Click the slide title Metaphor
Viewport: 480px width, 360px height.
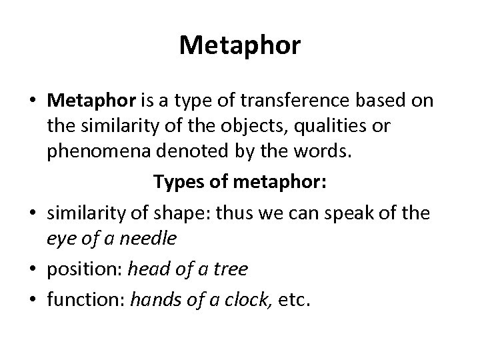click(240, 46)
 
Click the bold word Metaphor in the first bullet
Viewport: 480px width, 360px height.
click(91, 101)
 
